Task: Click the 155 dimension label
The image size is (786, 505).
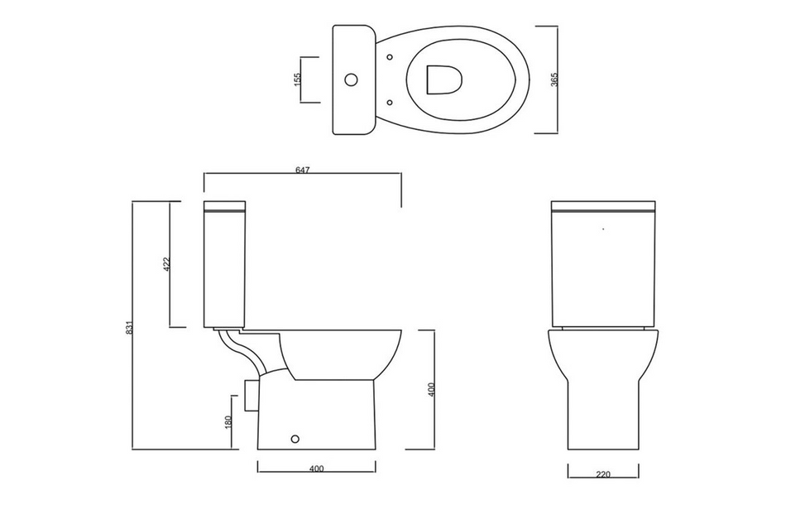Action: (x=298, y=80)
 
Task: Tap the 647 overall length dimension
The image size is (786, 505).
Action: (x=302, y=170)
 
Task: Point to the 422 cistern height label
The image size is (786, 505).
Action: (x=166, y=264)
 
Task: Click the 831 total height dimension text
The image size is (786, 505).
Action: (x=129, y=327)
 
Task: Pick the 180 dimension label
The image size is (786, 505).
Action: (x=228, y=421)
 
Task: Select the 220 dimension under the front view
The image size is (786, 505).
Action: (x=602, y=474)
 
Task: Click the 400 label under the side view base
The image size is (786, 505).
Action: (x=316, y=469)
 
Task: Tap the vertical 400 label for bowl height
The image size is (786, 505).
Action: (x=431, y=390)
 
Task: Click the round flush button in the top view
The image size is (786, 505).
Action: (x=351, y=80)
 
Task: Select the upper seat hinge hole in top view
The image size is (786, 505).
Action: (x=390, y=57)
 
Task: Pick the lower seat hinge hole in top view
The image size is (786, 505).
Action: (x=390, y=103)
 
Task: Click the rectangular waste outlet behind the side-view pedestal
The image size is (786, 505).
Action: (x=252, y=394)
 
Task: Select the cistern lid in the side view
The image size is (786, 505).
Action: (x=224, y=205)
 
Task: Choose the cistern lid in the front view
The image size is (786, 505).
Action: (x=603, y=205)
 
